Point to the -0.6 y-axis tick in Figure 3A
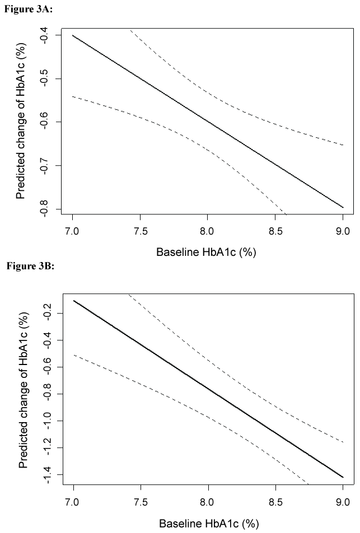point(44,122)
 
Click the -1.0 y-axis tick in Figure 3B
point(44,421)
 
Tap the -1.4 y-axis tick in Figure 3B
point(44,475)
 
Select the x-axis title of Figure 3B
point(208,523)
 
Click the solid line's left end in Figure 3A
point(73,35)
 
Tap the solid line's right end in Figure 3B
point(343,477)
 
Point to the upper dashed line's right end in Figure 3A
point(343,145)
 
